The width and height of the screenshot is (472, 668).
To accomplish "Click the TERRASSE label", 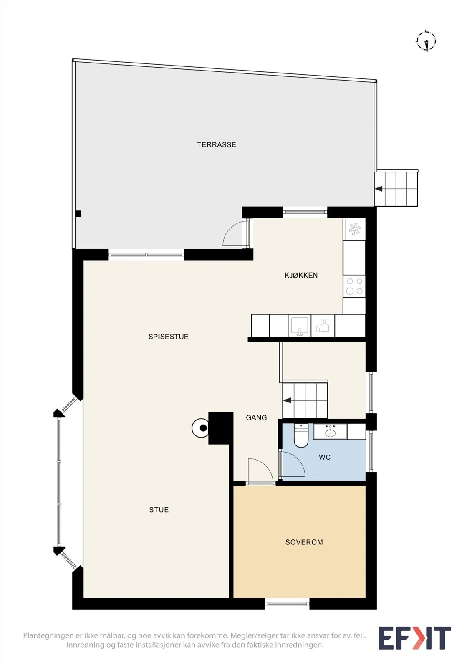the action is click(217, 144).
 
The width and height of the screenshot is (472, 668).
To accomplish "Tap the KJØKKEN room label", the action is click(301, 275).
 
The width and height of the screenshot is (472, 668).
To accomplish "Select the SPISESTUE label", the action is click(169, 337).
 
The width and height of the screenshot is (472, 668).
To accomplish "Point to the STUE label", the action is click(159, 510).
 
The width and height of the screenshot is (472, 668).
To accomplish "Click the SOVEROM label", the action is click(304, 542).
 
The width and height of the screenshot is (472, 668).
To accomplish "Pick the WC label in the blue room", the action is click(325, 457).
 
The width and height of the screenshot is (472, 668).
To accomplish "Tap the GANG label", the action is click(256, 418).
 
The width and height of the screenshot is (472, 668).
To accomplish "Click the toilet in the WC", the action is click(301, 435).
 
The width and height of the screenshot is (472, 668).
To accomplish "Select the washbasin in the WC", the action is click(330, 432).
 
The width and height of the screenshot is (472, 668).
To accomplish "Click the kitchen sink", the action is click(300, 326).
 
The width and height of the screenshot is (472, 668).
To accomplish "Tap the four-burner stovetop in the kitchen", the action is click(354, 286).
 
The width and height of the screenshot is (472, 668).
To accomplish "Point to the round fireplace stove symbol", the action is click(200, 428).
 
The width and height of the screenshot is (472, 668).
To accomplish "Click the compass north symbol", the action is click(427, 41).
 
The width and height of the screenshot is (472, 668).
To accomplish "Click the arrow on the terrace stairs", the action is click(379, 189).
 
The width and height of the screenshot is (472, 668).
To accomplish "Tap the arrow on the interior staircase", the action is click(287, 400).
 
